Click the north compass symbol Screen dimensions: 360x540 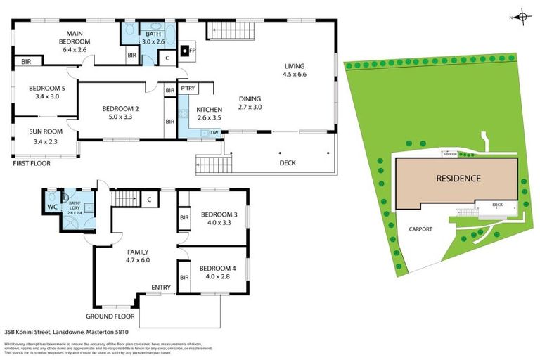tap(521, 17)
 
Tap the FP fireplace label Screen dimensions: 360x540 tap(192, 51)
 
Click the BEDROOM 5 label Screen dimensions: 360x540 tap(47, 88)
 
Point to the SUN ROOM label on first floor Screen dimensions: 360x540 tap(46, 131)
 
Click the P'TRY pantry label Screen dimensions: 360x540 tap(188, 89)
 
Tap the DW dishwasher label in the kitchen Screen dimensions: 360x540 tap(214, 131)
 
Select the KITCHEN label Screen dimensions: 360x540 tap(209, 110)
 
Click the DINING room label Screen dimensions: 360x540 tap(250, 99)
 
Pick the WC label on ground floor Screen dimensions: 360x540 tap(51, 207)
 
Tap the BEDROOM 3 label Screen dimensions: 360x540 tap(214, 214)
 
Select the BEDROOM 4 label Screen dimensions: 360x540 tap(214, 268)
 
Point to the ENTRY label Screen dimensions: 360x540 tap(161, 287)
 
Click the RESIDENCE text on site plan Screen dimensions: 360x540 tap(458, 179)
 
